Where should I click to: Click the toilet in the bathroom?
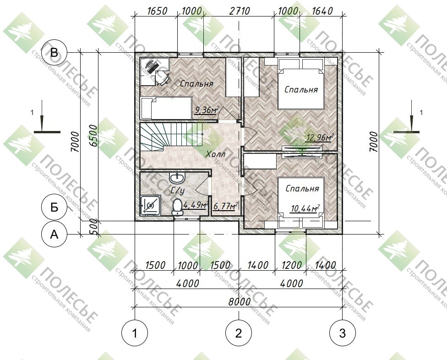tap(177, 207)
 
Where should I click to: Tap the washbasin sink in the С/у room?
tap(177, 178)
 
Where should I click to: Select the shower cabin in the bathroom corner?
tap(150, 206)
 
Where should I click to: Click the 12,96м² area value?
tap(320, 138)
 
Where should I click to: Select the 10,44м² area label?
tap(305, 208)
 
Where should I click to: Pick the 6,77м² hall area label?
tap(225, 206)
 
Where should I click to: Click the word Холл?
tap(216, 154)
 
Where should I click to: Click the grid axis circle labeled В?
tap(54, 53)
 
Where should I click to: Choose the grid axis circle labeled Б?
tap(54, 207)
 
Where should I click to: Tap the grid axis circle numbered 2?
tap(239, 333)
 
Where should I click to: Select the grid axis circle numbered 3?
tap(343, 333)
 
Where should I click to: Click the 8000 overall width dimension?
tap(240, 301)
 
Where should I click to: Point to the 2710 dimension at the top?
tap(240, 11)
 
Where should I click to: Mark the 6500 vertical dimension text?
tap(93, 136)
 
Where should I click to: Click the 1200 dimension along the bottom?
tap(291, 265)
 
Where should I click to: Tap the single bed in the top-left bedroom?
tap(166, 108)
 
